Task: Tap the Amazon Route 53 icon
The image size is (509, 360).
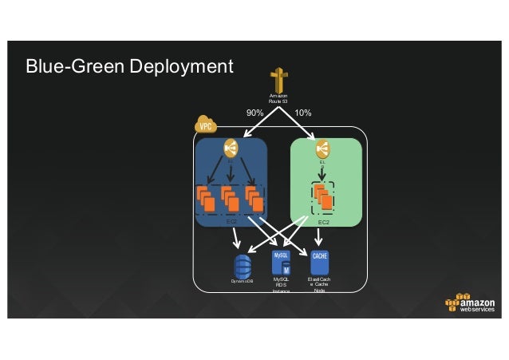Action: pos(278,81)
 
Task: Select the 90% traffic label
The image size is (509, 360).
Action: pos(254,113)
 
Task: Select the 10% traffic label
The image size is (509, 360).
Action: pos(303,113)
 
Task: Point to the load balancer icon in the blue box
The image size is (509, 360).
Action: pos(231,148)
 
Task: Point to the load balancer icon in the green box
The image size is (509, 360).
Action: pos(322,148)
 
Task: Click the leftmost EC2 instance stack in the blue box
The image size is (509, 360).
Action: pos(206,198)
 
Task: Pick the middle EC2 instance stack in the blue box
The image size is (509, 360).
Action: pos(230,198)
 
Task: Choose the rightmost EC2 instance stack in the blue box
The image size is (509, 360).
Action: pos(254,198)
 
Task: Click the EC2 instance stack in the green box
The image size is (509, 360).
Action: pos(322,196)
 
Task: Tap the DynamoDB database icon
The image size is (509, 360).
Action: pos(243,264)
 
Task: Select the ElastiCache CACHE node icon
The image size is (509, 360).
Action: pos(319,263)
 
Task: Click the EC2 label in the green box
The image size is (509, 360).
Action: pos(323,222)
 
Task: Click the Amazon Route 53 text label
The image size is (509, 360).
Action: pos(278,100)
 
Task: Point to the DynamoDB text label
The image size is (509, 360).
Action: pos(243,282)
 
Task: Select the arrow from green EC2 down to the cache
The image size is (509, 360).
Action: pos(319,236)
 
